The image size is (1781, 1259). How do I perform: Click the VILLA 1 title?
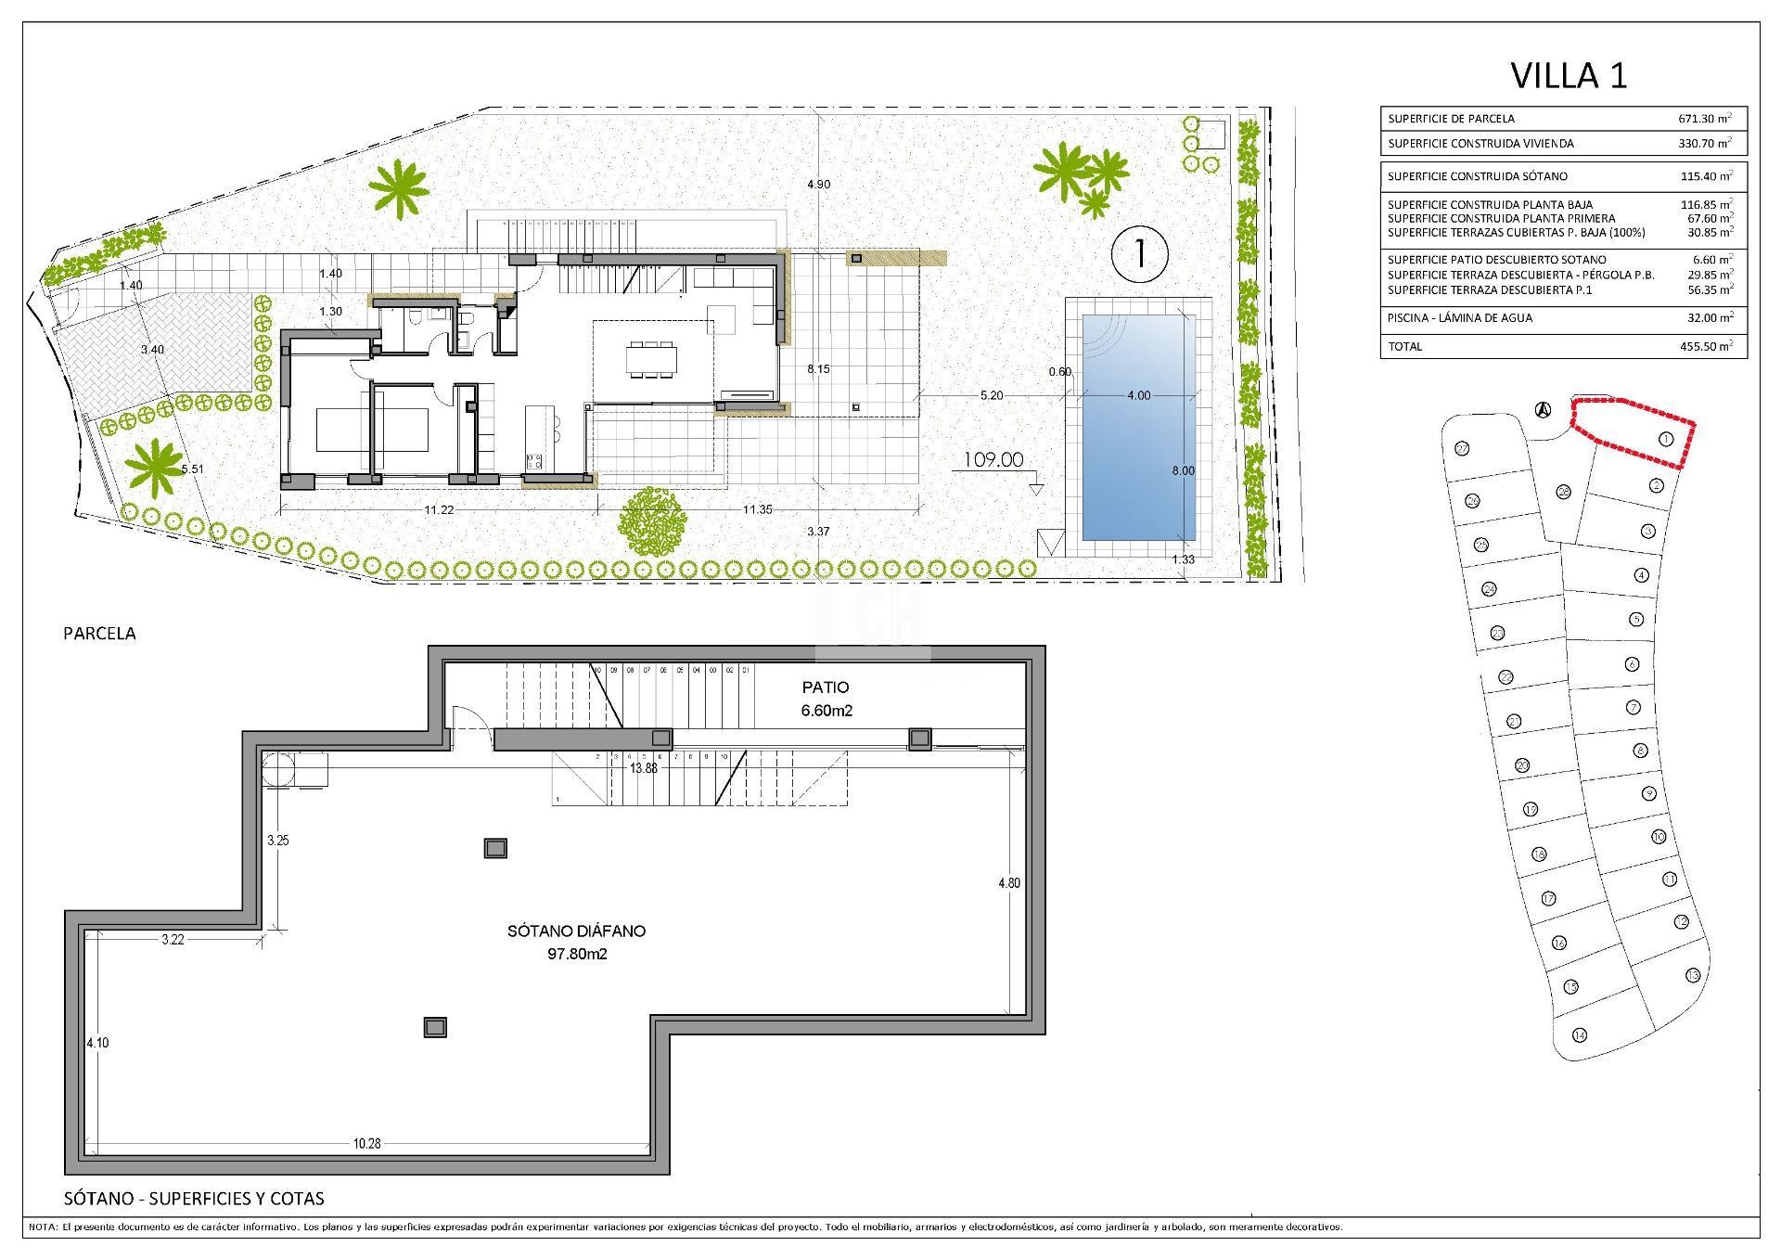(1569, 76)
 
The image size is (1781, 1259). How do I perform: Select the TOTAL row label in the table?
(1404, 347)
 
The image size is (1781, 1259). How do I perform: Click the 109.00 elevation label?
(993, 460)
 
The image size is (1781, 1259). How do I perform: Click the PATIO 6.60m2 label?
(826, 699)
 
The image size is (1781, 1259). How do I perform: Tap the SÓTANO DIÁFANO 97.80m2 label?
(576, 942)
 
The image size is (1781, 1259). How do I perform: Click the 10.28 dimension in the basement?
(366, 1144)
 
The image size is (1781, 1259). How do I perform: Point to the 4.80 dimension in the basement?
(1008, 883)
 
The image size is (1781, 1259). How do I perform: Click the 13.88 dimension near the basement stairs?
(643, 769)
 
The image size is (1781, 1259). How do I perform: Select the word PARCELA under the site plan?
(99, 634)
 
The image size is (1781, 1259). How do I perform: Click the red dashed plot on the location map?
(1633, 430)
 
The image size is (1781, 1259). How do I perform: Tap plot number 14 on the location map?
(1580, 1035)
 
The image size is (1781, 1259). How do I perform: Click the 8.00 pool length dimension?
(1183, 471)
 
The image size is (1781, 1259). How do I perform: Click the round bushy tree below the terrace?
(653, 522)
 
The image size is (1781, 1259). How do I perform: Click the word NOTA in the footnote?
(43, 1227)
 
